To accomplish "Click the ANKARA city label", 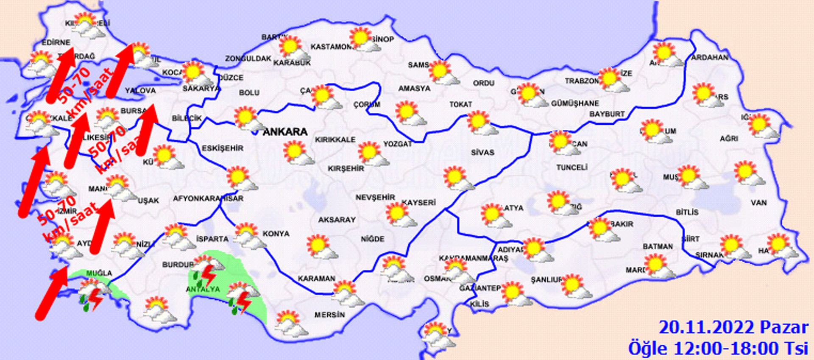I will [285, 132].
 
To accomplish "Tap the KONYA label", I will [276, 234].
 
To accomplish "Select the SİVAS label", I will [482, 152].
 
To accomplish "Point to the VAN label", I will [758, 203].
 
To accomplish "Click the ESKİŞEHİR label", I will [222, 148].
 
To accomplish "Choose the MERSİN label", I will [329, 315].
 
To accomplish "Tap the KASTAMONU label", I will [332, 47].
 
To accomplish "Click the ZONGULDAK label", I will [248, 59].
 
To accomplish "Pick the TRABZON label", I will [581, 81].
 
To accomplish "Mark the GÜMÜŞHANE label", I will [575, 103].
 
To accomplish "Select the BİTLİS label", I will [687, 212].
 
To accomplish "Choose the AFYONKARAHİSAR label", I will [208, 198].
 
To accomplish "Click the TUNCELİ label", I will [571, 167].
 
